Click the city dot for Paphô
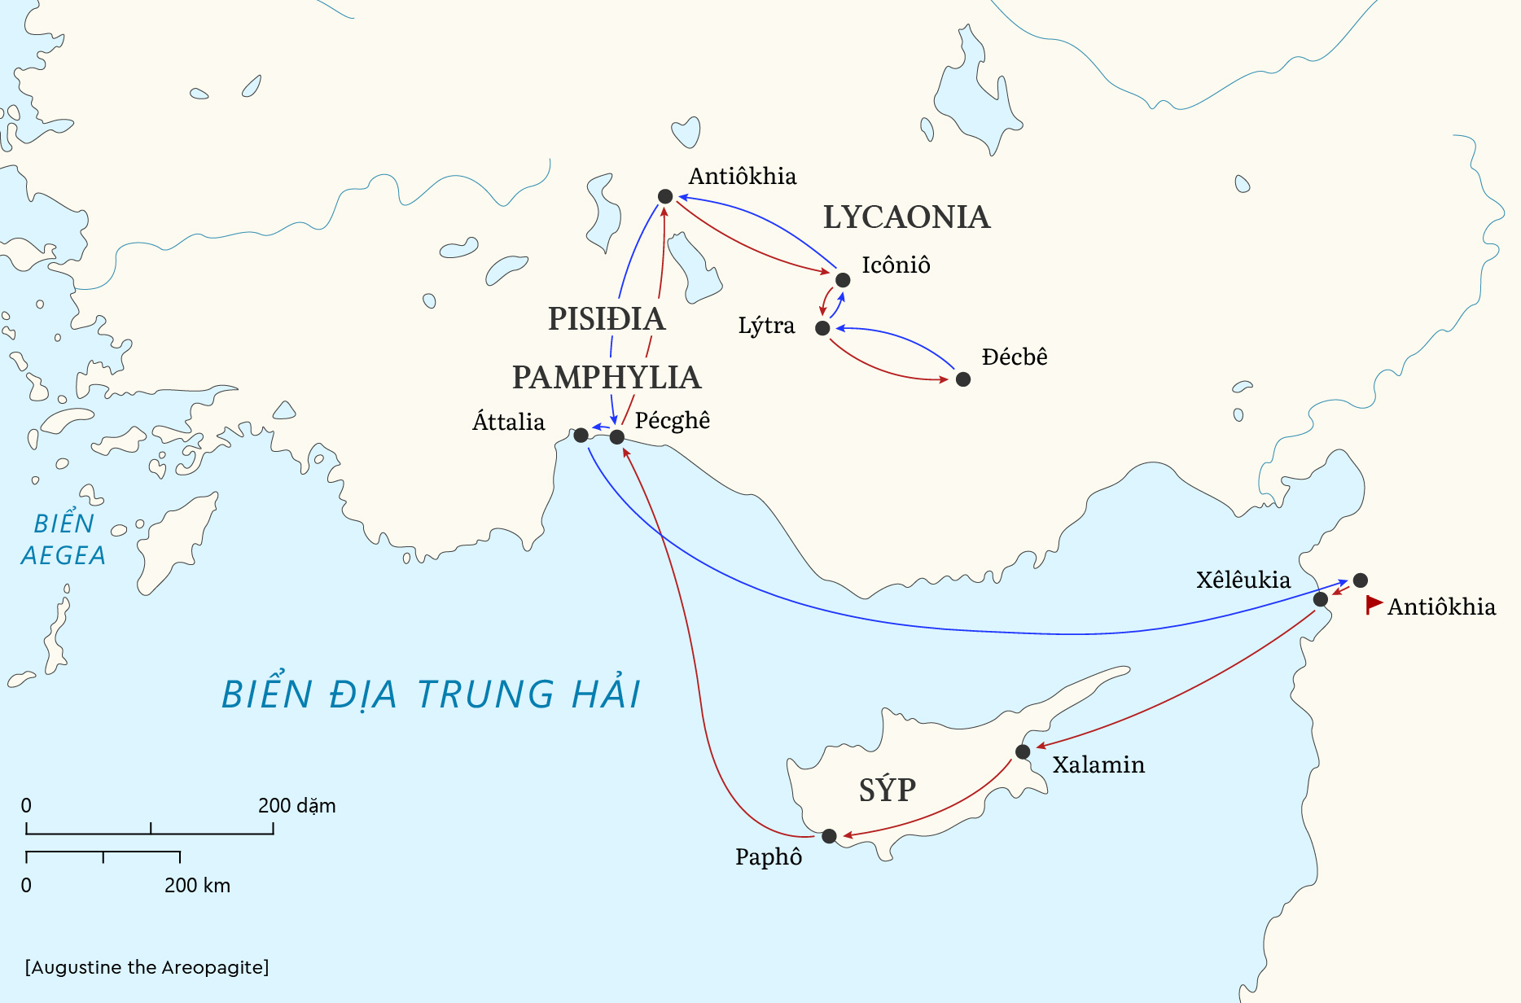coord(829,836)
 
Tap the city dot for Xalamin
coord(1023,751)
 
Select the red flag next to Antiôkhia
coord(1374,604)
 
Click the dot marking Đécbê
coord(963,379)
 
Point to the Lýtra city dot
coord(822,328)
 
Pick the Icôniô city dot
coord(843,280)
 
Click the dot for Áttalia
coord(581,436)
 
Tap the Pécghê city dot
coord(617,437)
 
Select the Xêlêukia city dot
coord(1321,600)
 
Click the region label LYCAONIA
coord(906,217)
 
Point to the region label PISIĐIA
coord(607,319)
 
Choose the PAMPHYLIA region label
coord(607,378)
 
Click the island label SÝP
coord(888,790)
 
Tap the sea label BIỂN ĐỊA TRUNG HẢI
coord(432,694)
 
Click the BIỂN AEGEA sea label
coord(64,539)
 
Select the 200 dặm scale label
coord(296,806)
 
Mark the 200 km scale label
coord(197,886)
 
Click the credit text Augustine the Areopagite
coord(147,967)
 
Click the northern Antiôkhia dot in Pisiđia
coord(665,196)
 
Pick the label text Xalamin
coord(1098,765)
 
